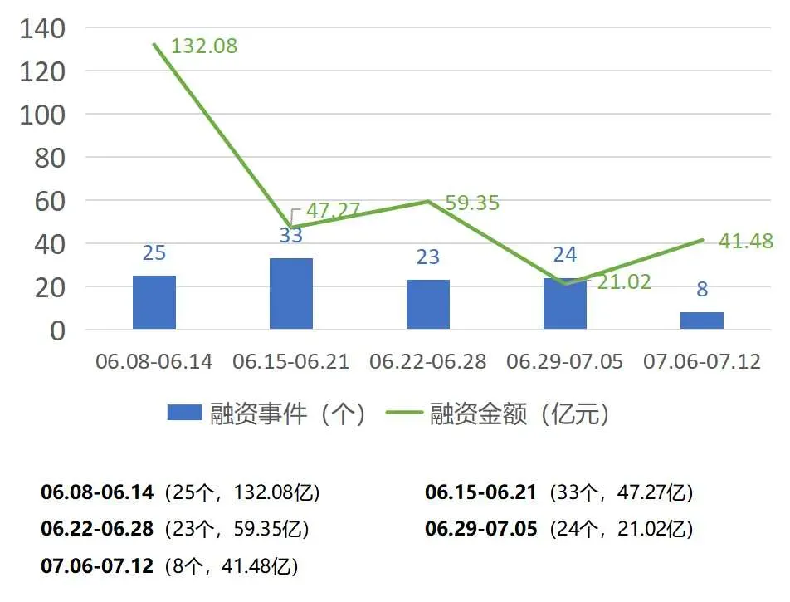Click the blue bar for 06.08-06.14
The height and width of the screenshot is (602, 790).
[154, 302]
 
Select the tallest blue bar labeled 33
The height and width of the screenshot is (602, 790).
[291, 294]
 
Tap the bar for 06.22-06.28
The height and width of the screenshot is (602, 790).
[428, 305]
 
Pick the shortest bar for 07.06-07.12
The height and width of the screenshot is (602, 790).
[702, 321]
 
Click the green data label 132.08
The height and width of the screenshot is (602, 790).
[204, 46]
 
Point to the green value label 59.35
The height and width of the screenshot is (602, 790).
[472, 203]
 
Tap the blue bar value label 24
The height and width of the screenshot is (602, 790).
[565, 255]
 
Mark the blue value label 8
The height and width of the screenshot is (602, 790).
[702, 290]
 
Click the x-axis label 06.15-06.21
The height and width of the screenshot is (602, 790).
[291, 362]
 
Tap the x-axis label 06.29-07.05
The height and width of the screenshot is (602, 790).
[565, 362]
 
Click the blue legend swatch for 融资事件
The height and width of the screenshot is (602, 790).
[184, 413]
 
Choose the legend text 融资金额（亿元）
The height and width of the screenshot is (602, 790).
[519, 413]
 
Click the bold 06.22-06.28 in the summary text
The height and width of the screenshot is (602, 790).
[97, 529]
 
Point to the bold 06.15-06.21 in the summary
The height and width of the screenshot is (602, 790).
[481, 492]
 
